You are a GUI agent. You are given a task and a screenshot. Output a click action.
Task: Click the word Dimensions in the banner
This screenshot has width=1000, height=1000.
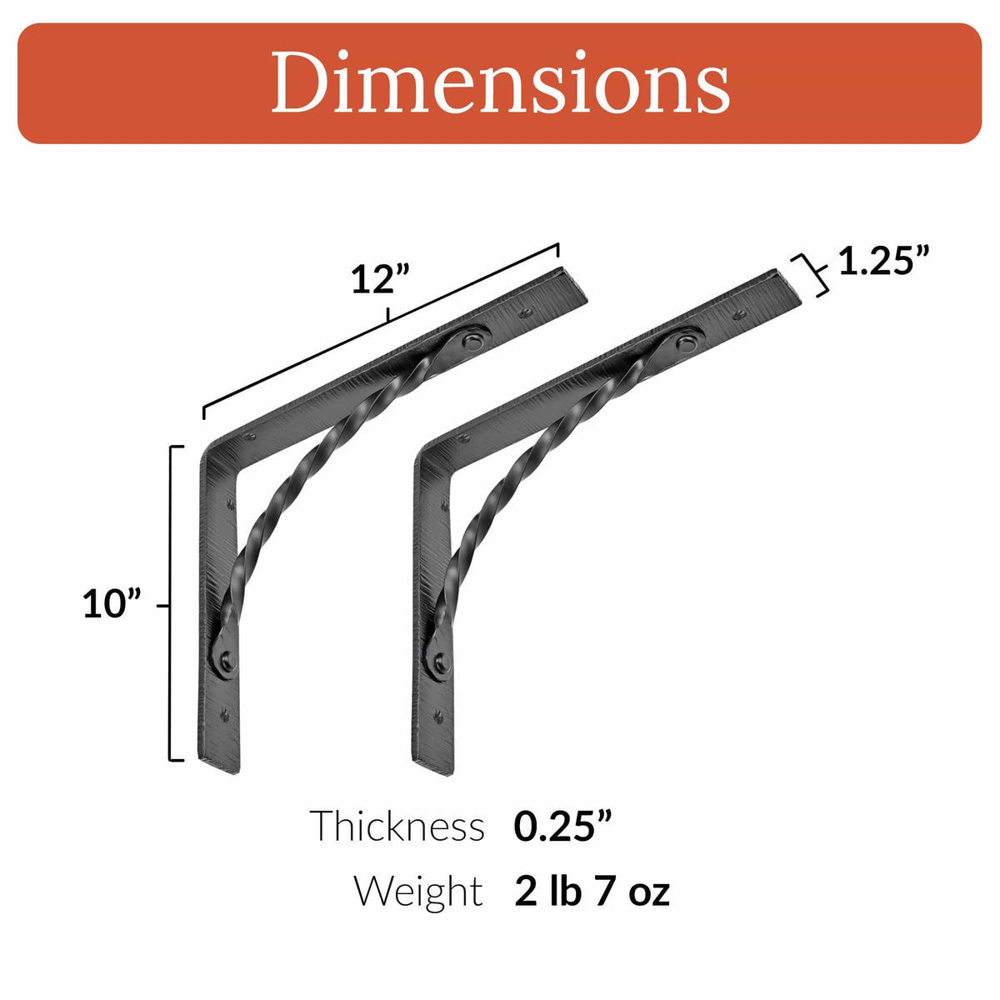(500, 83)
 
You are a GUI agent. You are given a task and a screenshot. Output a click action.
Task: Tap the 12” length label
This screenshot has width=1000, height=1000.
(382, 280)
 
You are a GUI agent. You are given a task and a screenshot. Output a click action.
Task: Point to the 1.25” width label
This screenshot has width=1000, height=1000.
(882, 261)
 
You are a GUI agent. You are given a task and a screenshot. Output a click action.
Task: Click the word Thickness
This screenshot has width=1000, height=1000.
(397, 827)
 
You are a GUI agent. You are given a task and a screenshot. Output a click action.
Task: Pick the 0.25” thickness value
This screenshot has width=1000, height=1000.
(563, 826)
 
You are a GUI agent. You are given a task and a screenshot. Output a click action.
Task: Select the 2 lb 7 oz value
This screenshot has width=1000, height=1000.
(592, 891)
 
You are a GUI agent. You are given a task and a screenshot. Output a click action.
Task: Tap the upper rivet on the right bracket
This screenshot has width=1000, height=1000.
(687, 342)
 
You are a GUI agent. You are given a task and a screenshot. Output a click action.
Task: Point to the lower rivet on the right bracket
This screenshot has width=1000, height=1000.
(441, 663)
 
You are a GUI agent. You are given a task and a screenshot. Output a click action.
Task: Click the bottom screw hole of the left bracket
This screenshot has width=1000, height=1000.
(224, 713)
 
